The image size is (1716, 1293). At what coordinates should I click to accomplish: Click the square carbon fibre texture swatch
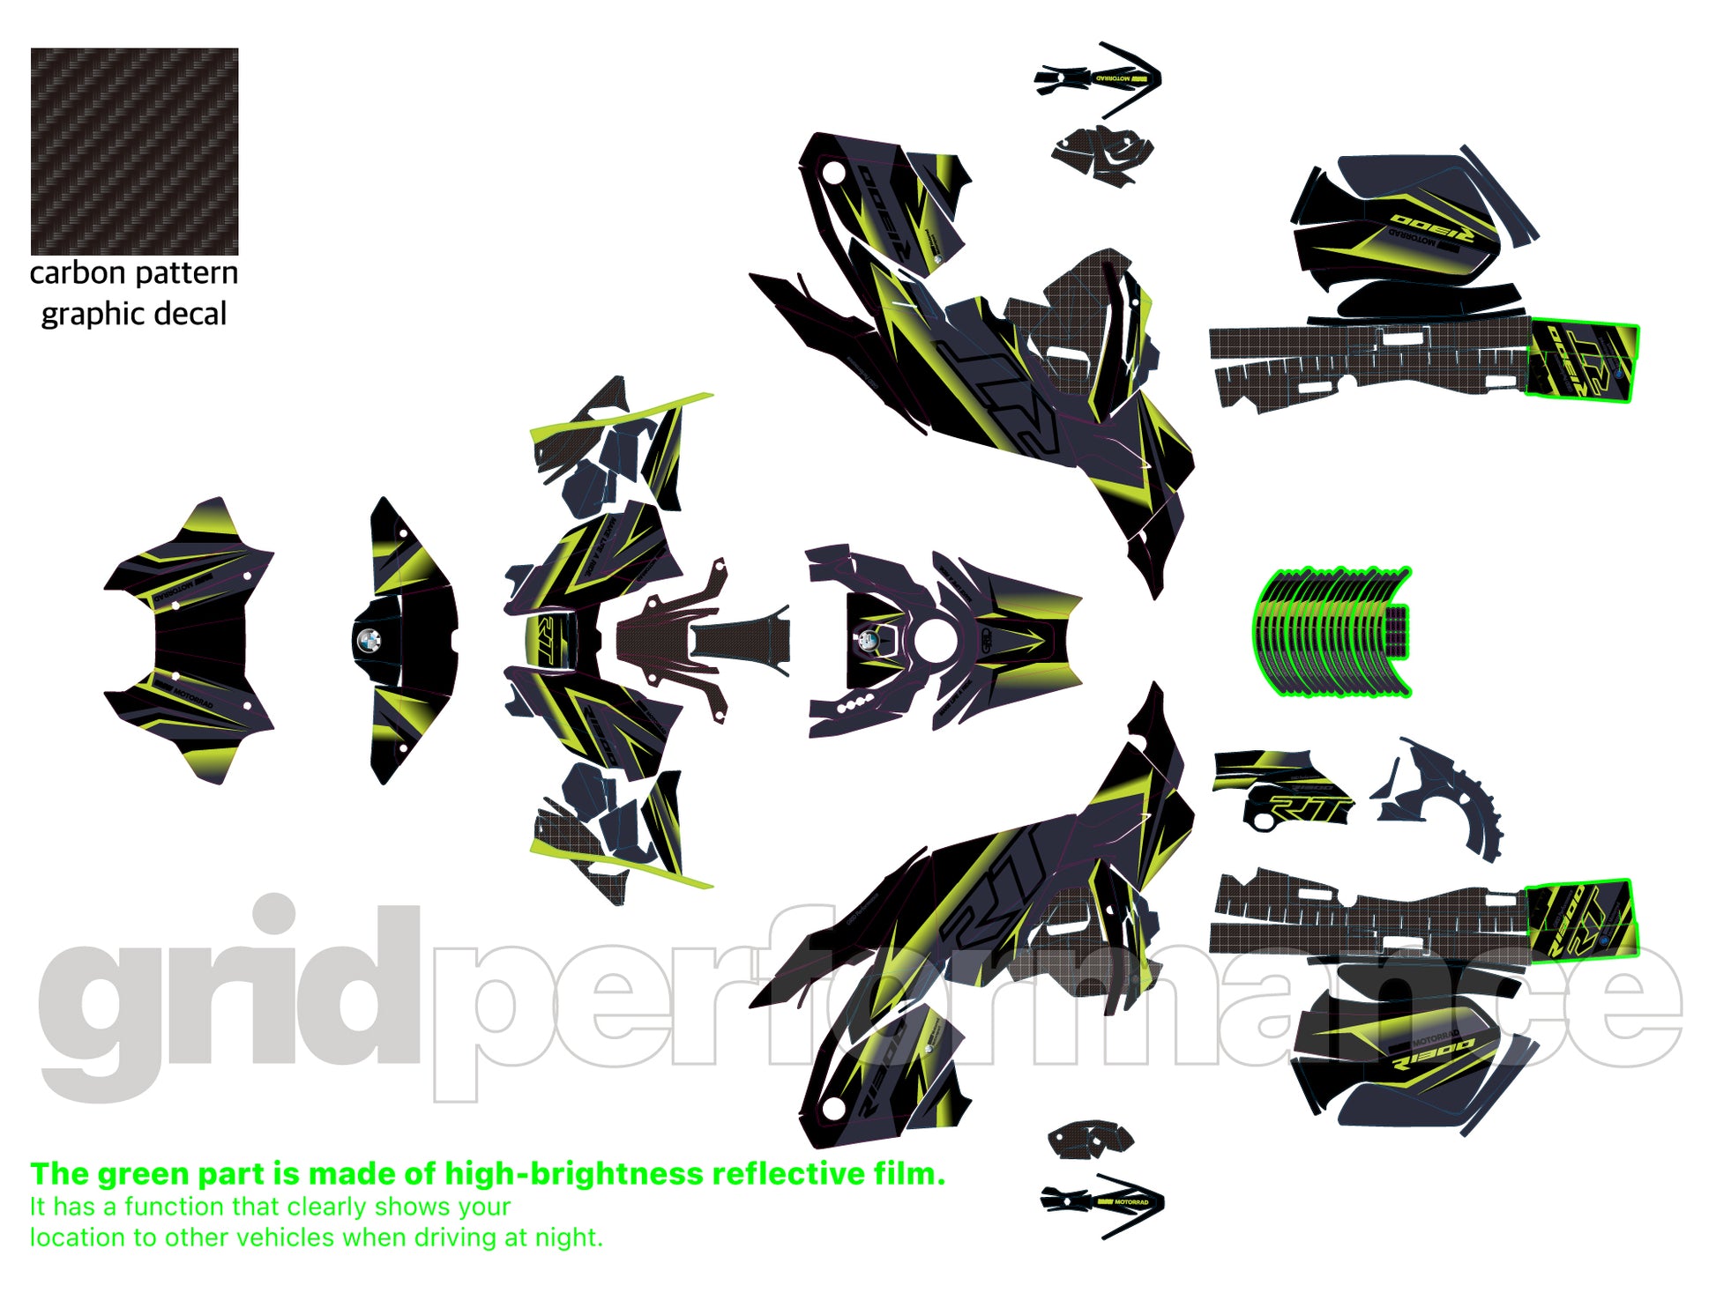click(x=134, y=151)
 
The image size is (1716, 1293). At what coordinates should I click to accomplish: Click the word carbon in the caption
click(x=78, y=273)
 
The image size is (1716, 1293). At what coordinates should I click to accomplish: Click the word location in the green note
click(x=78, y=1237)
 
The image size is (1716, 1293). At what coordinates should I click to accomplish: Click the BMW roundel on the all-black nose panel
click(x=368, y=639)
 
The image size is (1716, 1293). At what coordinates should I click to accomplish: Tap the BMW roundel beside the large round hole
click(x=868, y=640)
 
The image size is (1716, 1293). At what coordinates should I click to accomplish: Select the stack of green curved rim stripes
click(x=1332, y=632)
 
